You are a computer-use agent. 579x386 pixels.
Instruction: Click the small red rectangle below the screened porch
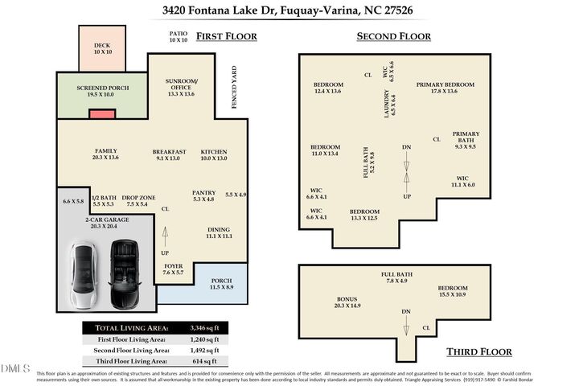[102, 116]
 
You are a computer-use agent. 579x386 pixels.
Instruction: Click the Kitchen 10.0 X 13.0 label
[214, 155]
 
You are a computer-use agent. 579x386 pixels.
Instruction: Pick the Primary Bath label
[466, 140]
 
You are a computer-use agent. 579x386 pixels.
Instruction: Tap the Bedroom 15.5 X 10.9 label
[454, 291]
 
